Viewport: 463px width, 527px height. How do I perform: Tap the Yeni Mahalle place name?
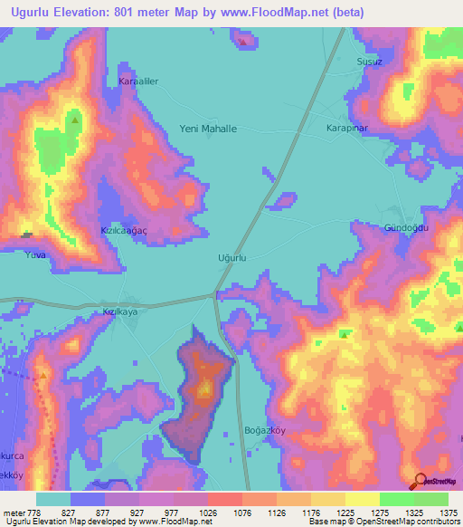point(209,129)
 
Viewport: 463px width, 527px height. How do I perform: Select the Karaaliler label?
point(138,81)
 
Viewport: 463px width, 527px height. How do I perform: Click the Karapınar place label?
point(347,129)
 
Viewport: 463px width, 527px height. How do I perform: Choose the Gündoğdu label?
point(404,227)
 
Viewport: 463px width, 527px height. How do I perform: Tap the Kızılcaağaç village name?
point(124,231)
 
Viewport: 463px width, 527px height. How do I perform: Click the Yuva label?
point(36,255)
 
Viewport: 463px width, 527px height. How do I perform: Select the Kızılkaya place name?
point(119,311)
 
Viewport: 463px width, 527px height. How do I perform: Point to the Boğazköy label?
point(265,430)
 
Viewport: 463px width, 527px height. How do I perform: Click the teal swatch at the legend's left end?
point(52,499)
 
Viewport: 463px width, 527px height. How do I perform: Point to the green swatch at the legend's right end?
point(430,499)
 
